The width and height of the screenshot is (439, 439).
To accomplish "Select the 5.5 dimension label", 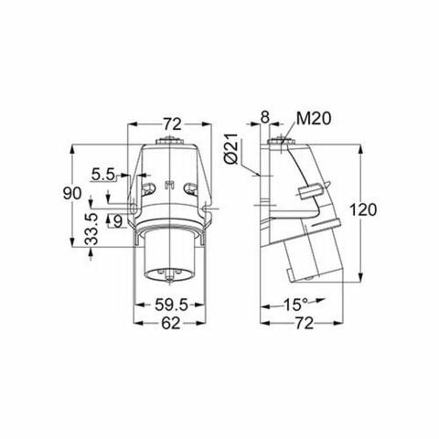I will (x=103, y=171).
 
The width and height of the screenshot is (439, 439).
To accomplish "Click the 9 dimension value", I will (x=118, y=219).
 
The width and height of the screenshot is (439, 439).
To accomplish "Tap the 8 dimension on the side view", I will (x=266, y=117).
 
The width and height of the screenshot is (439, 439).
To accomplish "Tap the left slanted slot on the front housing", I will (x=146, y=189).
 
